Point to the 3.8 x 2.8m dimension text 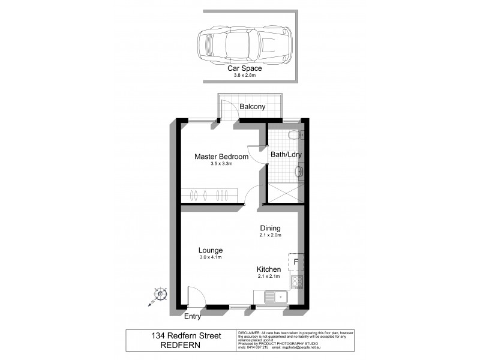[244, 76]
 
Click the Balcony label [252, 107]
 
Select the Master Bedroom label [221, 157]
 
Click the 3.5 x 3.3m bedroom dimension [221, 164]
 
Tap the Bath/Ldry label [286, 154]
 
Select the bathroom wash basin [299, 173]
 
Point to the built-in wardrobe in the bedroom [209, 195]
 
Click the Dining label [270, 228]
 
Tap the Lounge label [211, 250]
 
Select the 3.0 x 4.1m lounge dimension [211, 257]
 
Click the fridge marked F [296, 262]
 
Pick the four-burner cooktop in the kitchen [297, 281]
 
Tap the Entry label [193, 316]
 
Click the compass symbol [160, 295]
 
